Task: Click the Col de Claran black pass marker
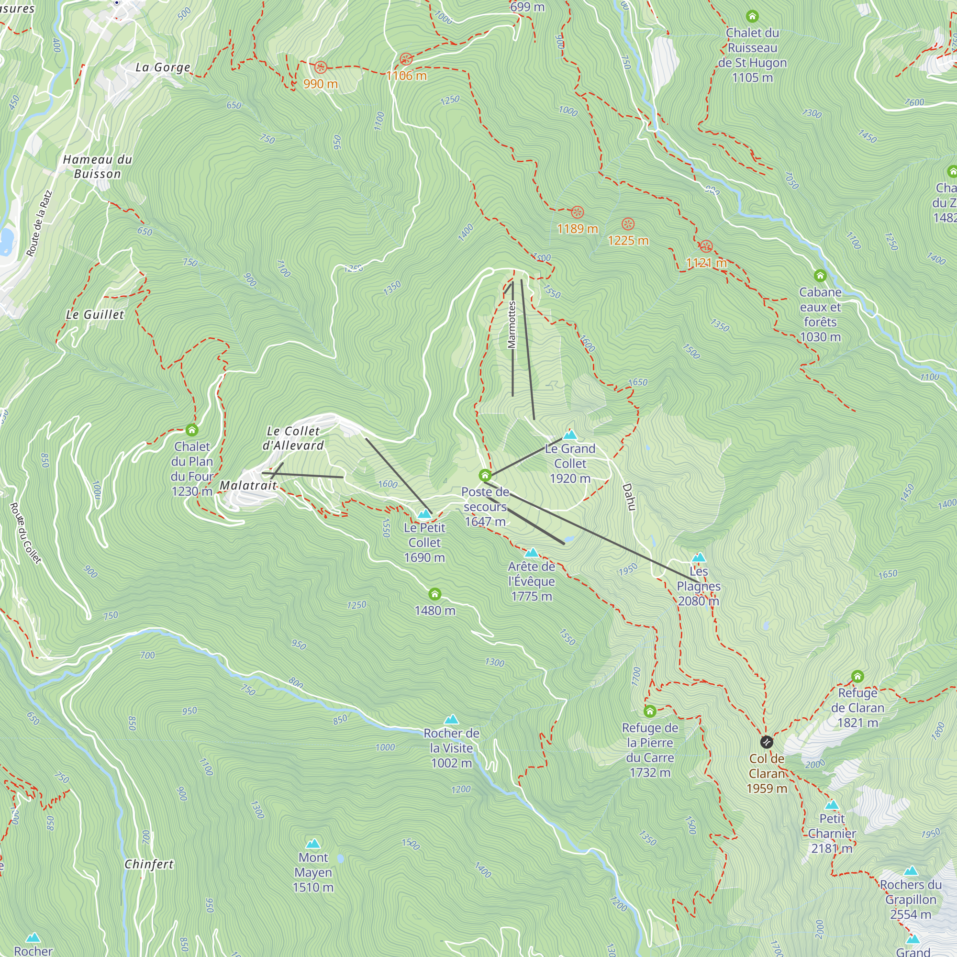[x=766, y=742]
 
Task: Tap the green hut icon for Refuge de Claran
[x=857, y=676]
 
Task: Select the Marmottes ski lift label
[x=512, y=324]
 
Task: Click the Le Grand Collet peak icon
[x=570, y=435]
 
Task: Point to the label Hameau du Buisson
[x=98, y=167]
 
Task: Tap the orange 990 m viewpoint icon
[x=321, y=67]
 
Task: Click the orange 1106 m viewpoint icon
[x=406, y=59]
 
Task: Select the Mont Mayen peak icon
[x=313, y=844]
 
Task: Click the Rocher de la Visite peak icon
[x=451, y=719]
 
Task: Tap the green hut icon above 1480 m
[x=434, y=594]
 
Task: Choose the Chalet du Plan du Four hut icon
[x=192, y=430]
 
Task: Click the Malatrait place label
[x=248, y=485]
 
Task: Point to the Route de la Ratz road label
[x=39, y=224]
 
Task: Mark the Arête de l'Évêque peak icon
[x=532, y=552]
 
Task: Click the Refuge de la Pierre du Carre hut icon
[x=650, y=712]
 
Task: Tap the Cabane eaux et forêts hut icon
[x=820, y=276]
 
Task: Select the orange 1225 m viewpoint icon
[x=628, y=224]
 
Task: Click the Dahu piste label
[x=629, y=496]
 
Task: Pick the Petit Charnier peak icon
[x=832, y=805]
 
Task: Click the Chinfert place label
[x=149, y=864]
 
